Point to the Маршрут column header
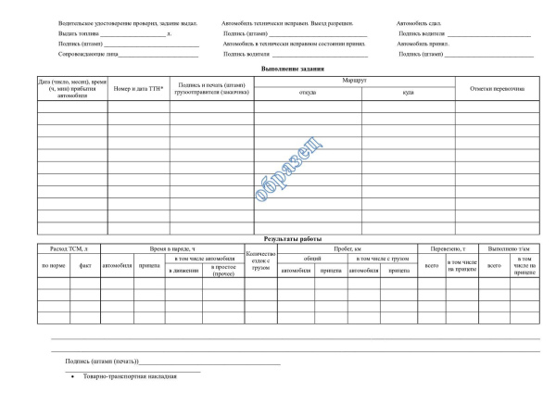click(x=355, y=82)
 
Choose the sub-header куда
click(x=408, y=93)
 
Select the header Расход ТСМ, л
click(x=69, y=248)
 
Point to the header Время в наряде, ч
click(x=171, y=248)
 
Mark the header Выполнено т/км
click(x=509, y=248)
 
